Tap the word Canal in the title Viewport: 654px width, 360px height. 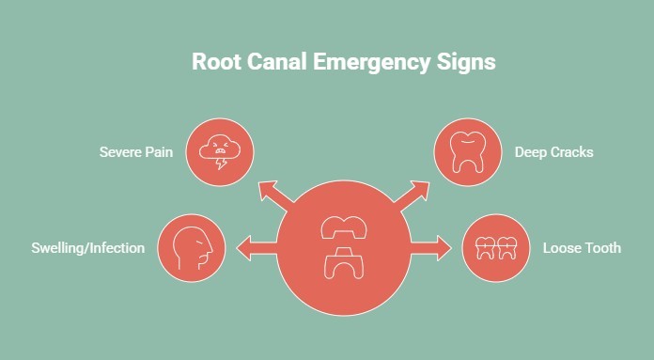tap(281, 63)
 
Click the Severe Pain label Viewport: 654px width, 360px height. tap(136, 150)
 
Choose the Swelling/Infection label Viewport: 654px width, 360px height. tap(88, 249)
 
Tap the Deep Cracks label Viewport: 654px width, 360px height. tap(553, 150)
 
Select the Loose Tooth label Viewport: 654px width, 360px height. tap(582, 249)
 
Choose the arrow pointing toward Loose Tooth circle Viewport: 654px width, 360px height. tap(431, 249)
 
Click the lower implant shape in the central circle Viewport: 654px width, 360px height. tap(345, 265)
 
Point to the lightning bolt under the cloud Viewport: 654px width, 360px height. tap(222, 163)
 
